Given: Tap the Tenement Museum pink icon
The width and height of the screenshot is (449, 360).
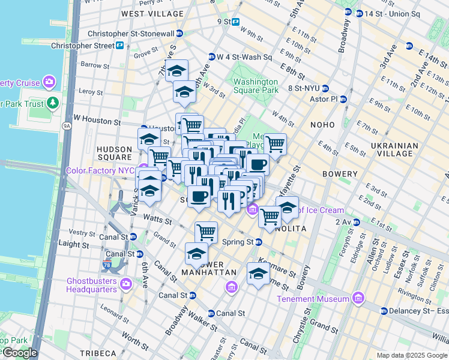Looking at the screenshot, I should pos(358,298).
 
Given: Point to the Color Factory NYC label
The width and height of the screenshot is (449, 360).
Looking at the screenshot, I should pos(101,170).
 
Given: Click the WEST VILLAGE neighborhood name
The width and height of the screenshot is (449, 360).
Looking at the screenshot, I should pos(152,13).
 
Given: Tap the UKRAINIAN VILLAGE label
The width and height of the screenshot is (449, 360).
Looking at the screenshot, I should pos(393,149).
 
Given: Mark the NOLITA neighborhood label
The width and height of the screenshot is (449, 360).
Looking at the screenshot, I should pos(291,229).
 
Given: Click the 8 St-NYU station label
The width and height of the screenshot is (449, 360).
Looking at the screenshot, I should pos(307,88).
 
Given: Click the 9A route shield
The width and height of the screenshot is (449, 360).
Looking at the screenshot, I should pos(67,125).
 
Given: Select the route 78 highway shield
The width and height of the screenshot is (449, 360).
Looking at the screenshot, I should pos(106,265).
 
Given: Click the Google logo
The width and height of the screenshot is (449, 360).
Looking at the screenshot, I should pos(19,353).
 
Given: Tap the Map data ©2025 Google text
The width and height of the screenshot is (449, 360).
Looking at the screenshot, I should pos(411,355).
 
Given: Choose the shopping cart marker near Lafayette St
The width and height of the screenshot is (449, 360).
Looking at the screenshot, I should pos(275,143).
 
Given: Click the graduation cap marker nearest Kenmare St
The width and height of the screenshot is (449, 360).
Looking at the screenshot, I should pos(258,274).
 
